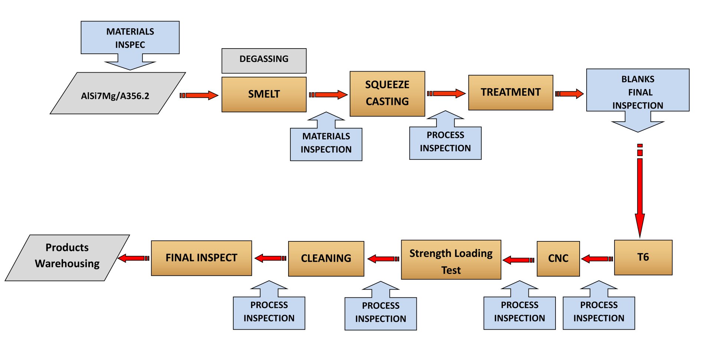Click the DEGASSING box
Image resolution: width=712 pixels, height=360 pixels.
pos(264,60)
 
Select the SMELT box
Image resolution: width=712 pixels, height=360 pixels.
pos(264,94)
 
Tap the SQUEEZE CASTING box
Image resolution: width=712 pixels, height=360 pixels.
pos(387,93)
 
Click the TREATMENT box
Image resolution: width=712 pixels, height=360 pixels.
pos(510,92)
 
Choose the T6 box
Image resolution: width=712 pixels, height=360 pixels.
pos(643,257)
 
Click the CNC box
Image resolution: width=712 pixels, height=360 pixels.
pos(558,258)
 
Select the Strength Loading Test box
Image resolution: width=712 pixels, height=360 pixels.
pos(451,260)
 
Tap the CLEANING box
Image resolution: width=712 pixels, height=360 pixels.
pos(326,258)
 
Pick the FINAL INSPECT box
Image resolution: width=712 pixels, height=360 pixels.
pos(201,258)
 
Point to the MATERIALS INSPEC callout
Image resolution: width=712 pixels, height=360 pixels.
pos(130,38)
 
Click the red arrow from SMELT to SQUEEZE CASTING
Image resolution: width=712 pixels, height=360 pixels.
pos(328,95)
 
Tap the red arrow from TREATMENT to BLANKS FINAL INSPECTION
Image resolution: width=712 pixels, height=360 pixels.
pos(569,94)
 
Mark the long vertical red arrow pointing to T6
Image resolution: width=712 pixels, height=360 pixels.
pos(640,193)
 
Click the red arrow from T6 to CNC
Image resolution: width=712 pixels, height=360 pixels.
pos(597,259)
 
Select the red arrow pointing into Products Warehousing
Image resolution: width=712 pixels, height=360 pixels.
pos(133,258)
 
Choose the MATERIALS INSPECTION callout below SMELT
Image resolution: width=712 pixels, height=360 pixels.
pos(326,143)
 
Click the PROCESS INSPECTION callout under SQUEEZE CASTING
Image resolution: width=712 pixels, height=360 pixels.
pos(445,142)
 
